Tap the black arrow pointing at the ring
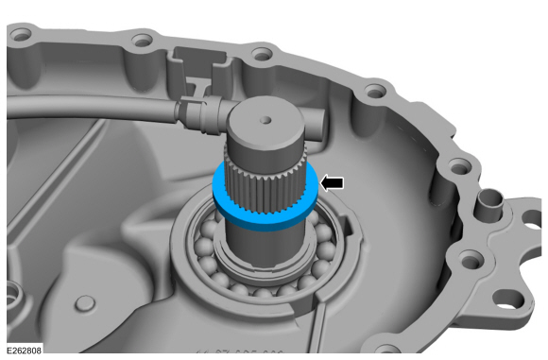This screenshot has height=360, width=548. point(332,182)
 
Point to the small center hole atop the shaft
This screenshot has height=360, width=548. point(265,121)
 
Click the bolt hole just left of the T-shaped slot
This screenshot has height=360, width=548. point(143,40)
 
